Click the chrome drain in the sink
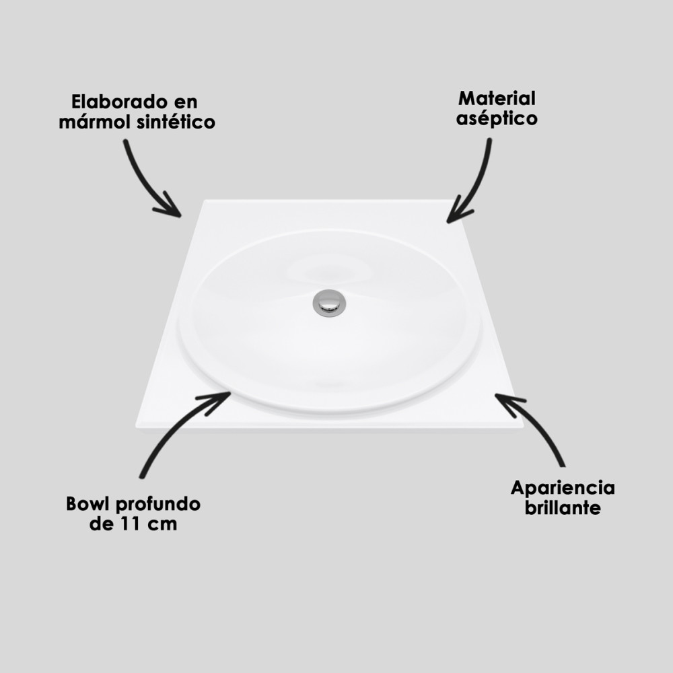pyautogui.click(x=329, y=303)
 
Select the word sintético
pyautogui.click(x=176, y=121)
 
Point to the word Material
pyautogui.click(x=497, y=99)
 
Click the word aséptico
pyautogui.click(x=497, y=119)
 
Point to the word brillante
pyautogui.click(x=562, y=507)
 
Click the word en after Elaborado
pyautogui.click(x=186, y=103)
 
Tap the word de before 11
pyautogui.click(x=102, y=524)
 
